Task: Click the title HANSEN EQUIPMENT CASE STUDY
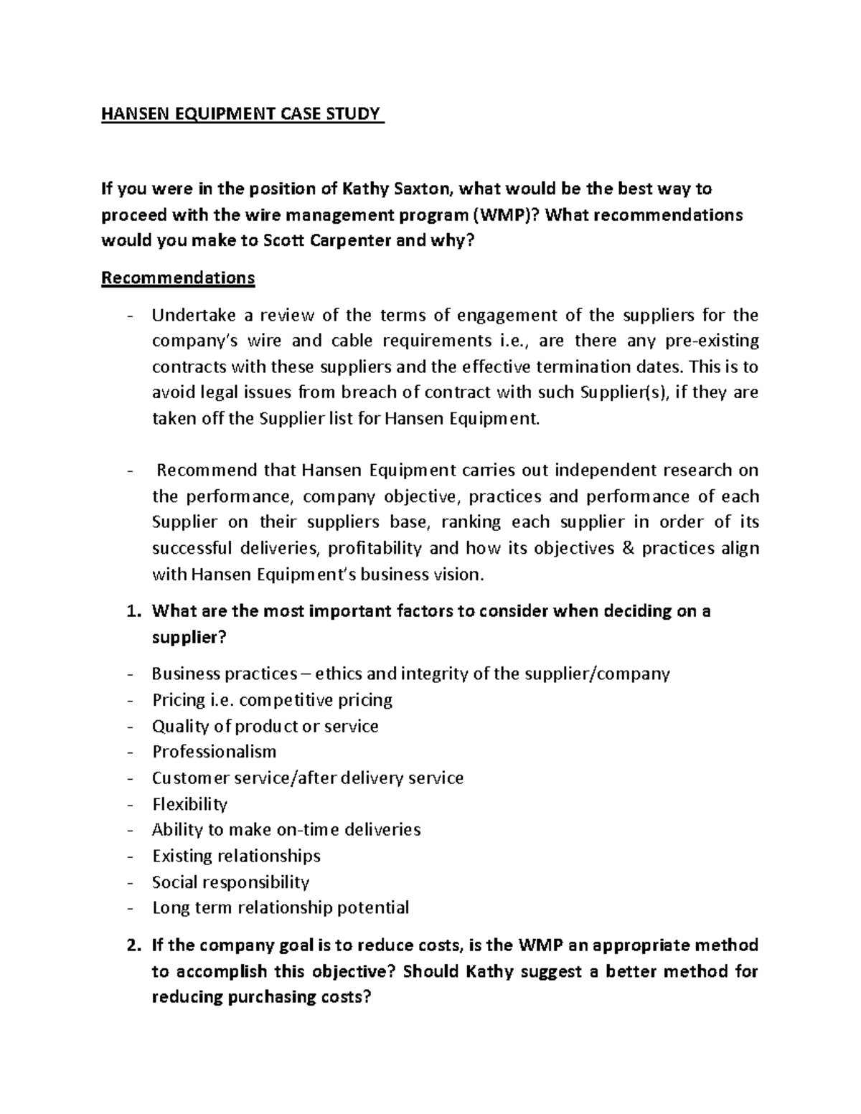[243, 115]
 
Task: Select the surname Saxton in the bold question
[423, 189]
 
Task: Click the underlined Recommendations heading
[178, 278]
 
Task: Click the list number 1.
[131, 612]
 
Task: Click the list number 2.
[131, 945]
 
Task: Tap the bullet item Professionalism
[214, 752]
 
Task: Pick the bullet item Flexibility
[189, 804]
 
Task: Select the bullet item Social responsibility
[230, 882]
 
